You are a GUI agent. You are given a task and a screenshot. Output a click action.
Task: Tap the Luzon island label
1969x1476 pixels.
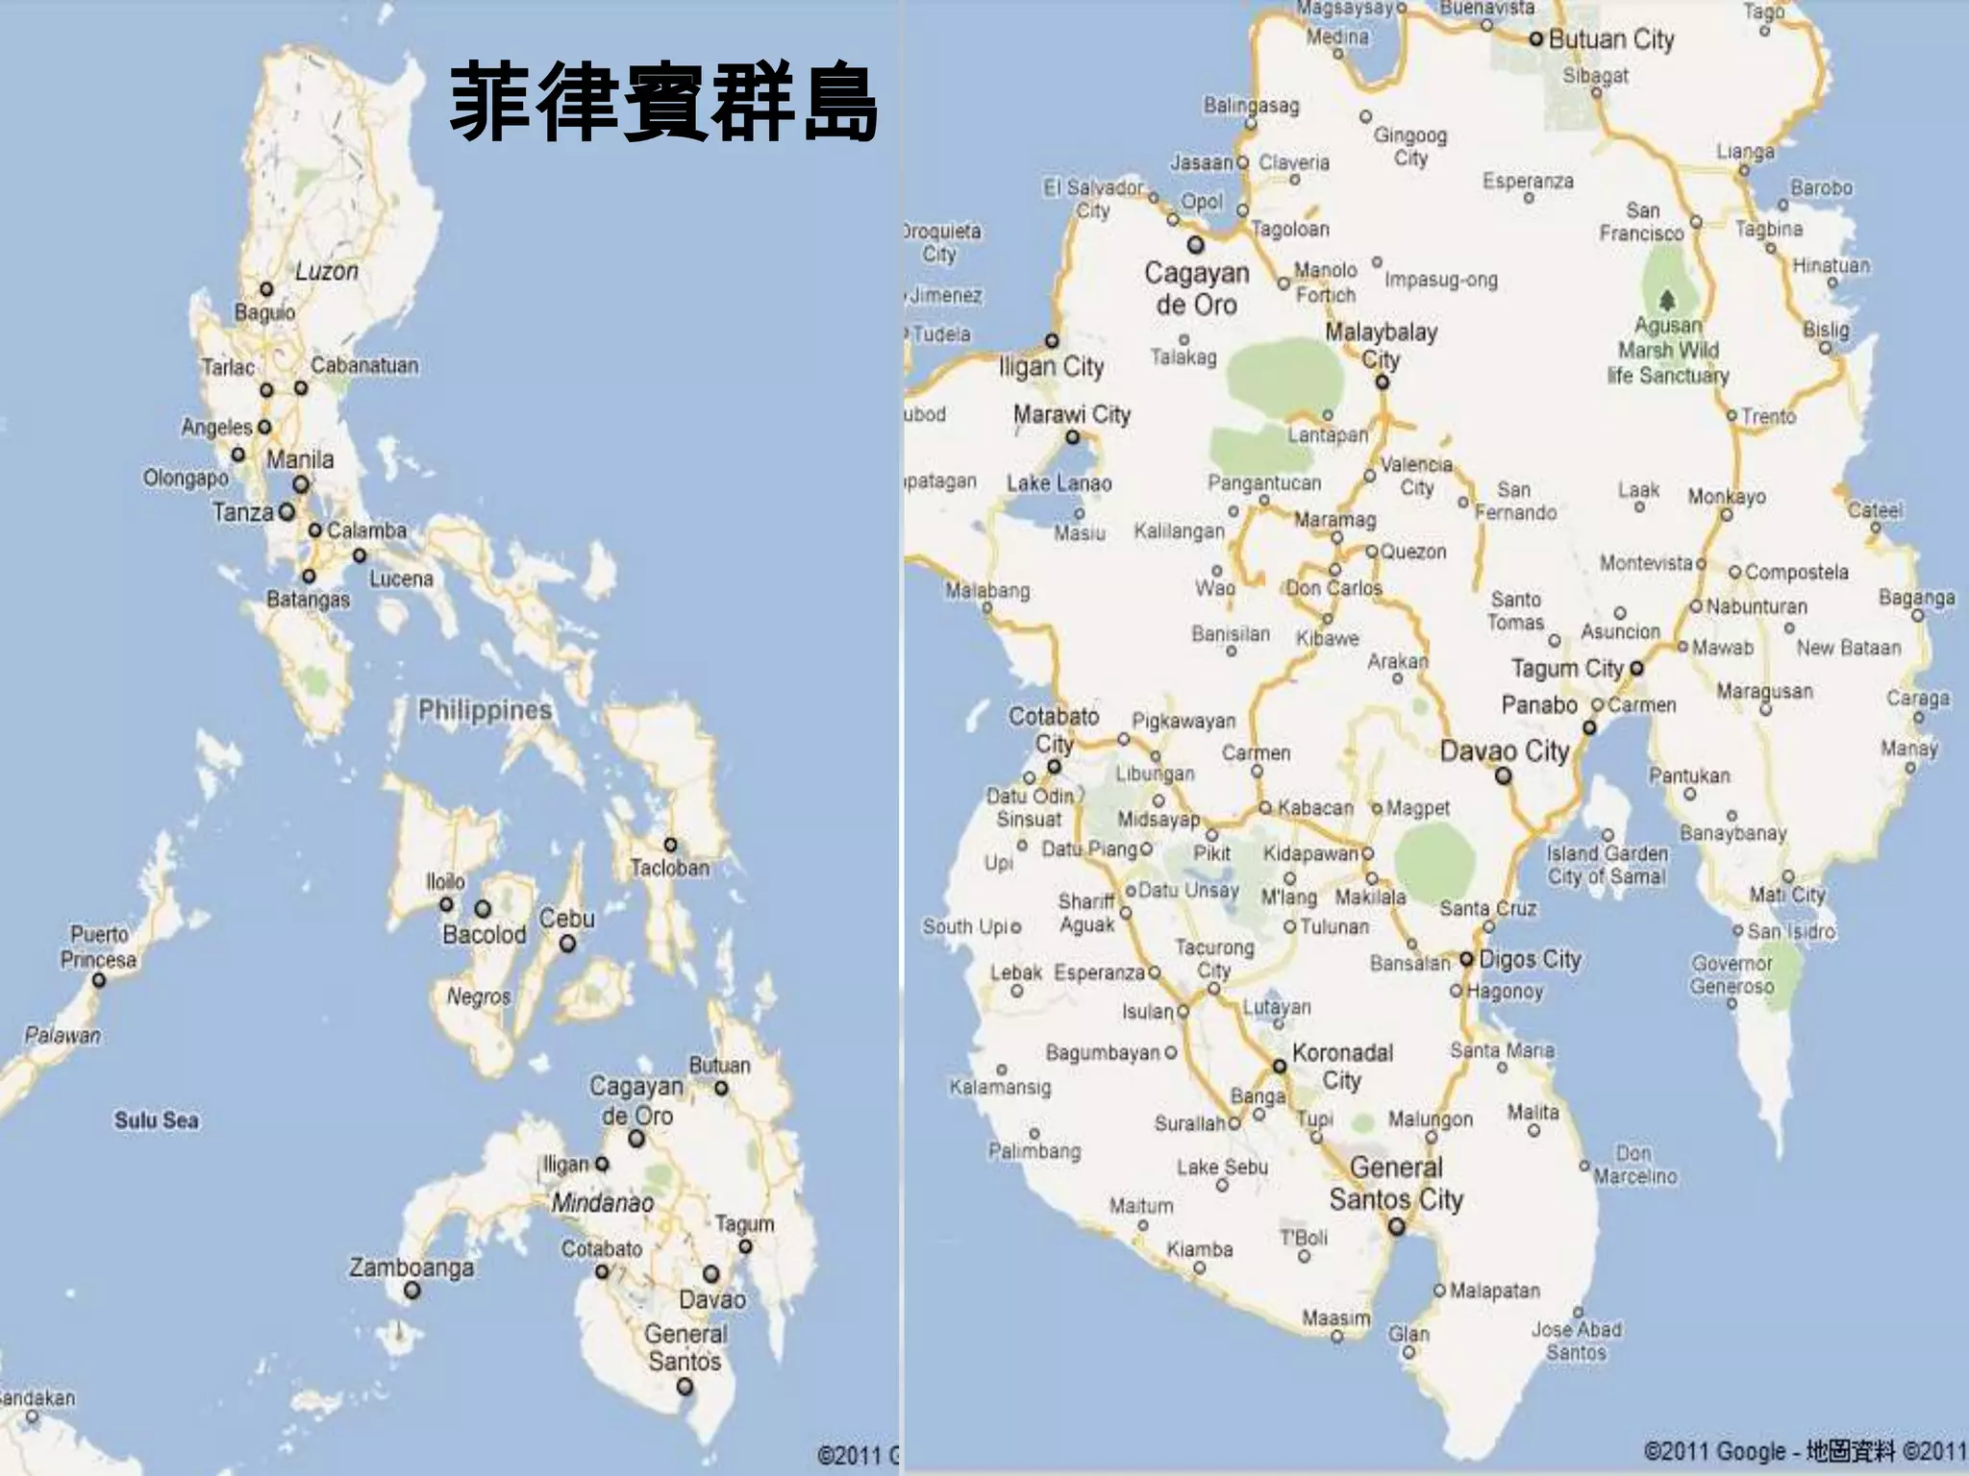tap(327, 272)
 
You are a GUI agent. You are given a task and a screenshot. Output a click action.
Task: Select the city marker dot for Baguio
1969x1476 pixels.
tap(266, 289)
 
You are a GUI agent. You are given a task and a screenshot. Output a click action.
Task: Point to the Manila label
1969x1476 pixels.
tap(300, 460)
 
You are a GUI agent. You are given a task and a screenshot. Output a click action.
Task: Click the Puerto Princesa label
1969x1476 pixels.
tap(98, 947)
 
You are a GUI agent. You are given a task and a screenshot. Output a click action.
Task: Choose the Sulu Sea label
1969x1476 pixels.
tap(157, 1120)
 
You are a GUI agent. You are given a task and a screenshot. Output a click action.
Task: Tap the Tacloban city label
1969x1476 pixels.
tap(670, 868)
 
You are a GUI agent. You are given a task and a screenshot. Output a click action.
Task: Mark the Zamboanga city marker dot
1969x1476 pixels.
tap(411, 1291)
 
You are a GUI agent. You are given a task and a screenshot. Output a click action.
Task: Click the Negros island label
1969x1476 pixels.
tap(478, 996)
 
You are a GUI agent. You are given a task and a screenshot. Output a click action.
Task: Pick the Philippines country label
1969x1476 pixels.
tap(485, 711)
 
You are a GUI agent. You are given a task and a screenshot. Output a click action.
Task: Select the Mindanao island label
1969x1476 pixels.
tap(602, 1203)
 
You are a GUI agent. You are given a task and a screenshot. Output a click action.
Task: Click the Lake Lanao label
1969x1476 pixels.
tap(1059, 483)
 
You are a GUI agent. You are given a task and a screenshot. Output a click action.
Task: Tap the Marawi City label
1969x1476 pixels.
tap(1072, 415)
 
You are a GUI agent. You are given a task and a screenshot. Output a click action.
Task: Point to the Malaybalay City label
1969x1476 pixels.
tap(1381, 345)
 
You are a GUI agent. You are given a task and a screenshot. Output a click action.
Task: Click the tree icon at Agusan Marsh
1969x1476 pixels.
tap(1668, 299)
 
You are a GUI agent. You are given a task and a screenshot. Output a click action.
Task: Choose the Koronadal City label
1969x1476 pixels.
tap(1342, 1066)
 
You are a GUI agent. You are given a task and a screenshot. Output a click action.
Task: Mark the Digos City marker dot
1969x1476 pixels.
tap(1466, 959)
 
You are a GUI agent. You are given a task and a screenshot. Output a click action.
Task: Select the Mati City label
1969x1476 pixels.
tap(1787, 895)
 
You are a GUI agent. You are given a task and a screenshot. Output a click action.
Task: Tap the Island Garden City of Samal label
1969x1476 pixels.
tap(1607, 865)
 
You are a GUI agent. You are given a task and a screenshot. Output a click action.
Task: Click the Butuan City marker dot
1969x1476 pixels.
tap(1535, 39)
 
